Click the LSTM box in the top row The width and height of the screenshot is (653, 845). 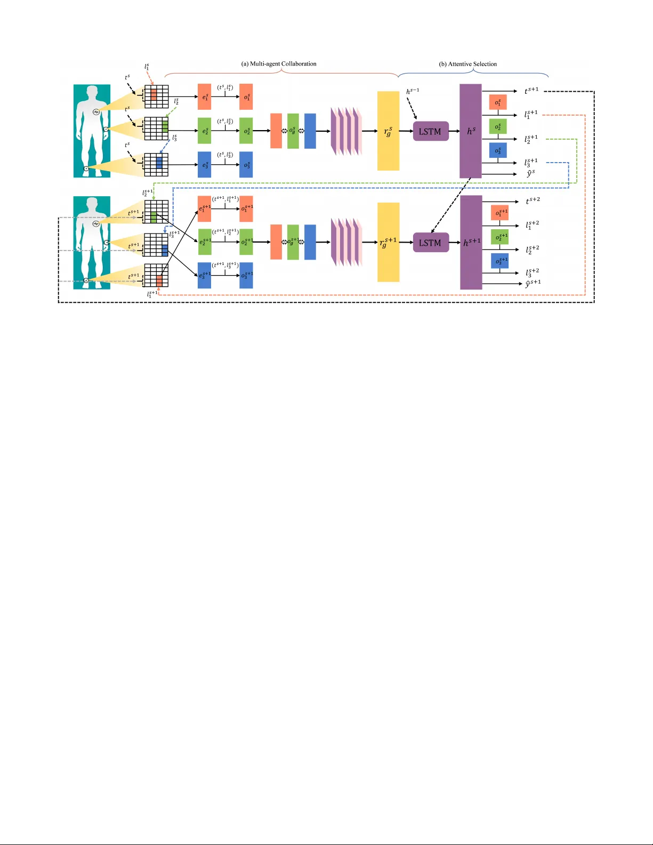point(430,131)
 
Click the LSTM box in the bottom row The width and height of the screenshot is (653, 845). point(430,243)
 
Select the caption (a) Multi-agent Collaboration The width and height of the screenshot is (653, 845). point(279,64)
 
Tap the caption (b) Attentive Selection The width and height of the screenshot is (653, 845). point(467,64)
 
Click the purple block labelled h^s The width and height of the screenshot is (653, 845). point(471,131)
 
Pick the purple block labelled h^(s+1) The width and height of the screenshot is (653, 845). point(471,243)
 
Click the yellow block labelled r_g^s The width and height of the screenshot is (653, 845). point(388,131)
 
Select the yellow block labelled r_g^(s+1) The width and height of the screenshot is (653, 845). point(388,243)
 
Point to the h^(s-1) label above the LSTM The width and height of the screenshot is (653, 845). point(413,91)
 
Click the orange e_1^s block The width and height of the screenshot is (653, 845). point(204,97)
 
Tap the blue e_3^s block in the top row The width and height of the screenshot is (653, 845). point(204,165)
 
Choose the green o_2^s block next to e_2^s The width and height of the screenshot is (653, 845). point(246,131)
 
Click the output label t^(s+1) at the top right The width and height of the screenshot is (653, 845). point(531,91)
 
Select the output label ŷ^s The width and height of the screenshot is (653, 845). point(530,174)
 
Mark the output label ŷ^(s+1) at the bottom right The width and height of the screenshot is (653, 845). point(533,283)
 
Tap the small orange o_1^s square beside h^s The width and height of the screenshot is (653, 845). point(498,102)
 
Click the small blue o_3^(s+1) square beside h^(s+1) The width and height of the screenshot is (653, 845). point(499,261)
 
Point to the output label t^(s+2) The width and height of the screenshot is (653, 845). point(533,200)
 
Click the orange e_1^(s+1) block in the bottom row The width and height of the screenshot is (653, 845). point(204,209)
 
